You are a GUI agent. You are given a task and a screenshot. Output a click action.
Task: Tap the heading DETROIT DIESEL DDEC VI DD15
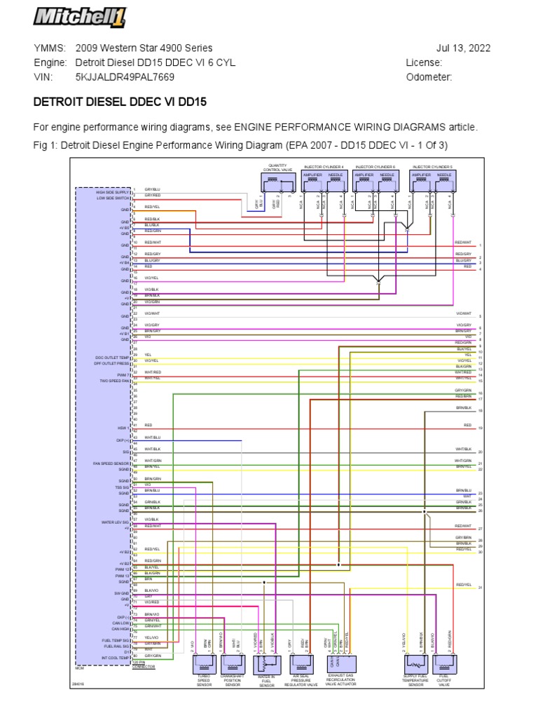click(x=120, y=102)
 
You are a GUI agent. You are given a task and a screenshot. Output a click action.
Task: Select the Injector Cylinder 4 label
click(x=324, y=167)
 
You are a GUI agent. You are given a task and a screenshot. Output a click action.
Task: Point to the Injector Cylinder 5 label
click(x=432, y=167)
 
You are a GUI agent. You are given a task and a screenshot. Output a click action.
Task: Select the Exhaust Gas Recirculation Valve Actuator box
click(x=340, y=664)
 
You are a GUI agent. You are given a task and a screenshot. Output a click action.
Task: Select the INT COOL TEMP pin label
click(x=114, y=658)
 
